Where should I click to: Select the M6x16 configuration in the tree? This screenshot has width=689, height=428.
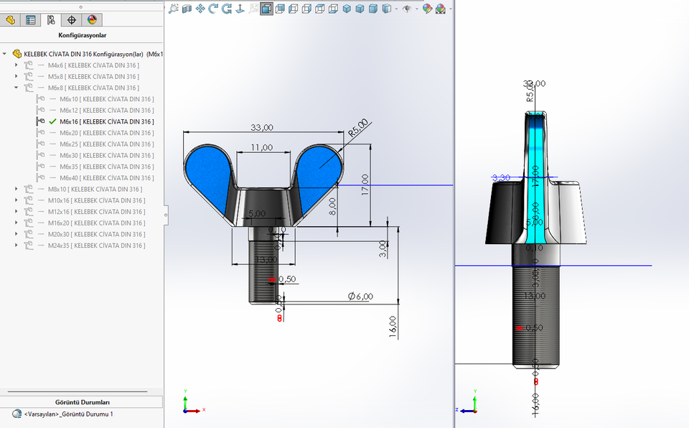coord(106,122)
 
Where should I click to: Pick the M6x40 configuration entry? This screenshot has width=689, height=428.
coord(106,178)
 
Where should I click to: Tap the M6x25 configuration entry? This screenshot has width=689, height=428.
coord(106,144)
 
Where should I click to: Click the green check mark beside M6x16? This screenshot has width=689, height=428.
coord(52,122)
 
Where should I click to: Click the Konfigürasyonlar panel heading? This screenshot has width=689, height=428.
coord(82,34)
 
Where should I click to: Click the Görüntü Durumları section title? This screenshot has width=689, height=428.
coord(82,402)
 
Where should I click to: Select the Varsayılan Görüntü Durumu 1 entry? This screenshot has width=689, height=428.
coord(68,414)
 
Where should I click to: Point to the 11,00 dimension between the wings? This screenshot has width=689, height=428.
coord(261,147)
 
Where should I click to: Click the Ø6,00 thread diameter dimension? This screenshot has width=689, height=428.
coord(361,296)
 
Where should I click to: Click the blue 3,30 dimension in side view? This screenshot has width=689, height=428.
coord(501,177)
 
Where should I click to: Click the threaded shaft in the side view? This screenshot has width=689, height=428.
coord(535,316)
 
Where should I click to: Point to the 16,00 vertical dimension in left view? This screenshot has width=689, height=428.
coord(392,327)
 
